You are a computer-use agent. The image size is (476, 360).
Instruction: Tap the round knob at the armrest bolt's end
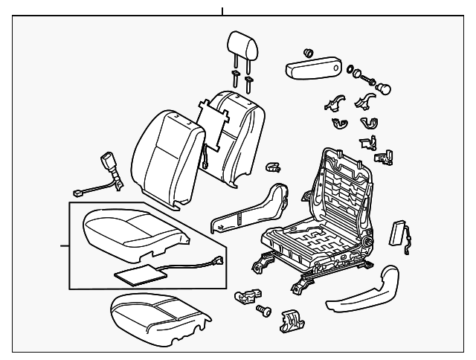pos(385,88)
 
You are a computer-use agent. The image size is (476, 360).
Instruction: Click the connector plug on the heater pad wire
pos(219,261)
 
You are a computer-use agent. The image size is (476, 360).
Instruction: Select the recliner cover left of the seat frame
pos(253,208)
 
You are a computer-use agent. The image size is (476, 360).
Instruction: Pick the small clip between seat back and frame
pos(272,167)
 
